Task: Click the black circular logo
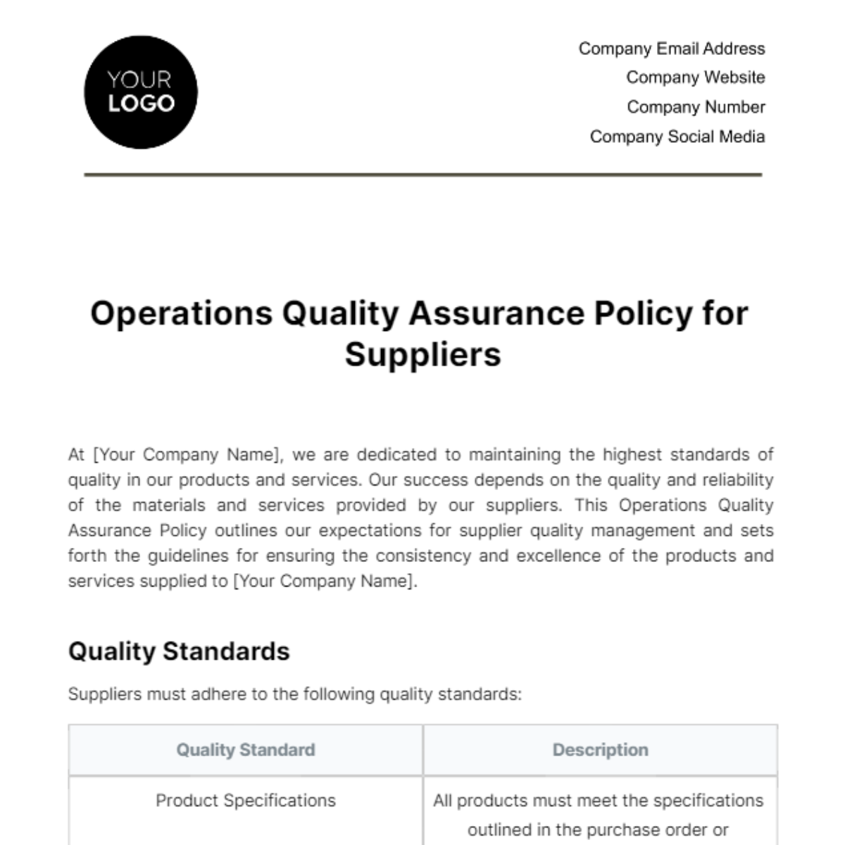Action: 141,92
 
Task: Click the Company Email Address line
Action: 671,49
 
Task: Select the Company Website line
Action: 695,77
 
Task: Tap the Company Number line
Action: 696,107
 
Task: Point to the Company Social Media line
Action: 677,137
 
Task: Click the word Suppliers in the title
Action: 423,354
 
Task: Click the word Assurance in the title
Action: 496,313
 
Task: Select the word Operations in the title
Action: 181,313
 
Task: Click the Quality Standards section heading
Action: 179,651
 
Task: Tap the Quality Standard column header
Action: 246,750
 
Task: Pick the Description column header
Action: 600,750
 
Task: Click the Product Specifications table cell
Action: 246,801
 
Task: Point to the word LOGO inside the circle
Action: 141,104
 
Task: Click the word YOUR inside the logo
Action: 139,80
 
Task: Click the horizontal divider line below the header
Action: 423,175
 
